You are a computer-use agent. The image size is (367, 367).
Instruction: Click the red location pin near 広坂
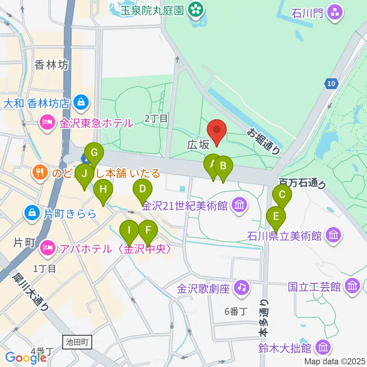coord(217,132)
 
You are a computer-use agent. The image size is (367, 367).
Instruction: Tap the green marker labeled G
coord(94,154)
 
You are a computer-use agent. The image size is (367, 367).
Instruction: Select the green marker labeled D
coord(142,190)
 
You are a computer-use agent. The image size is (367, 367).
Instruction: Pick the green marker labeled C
coord(282,195)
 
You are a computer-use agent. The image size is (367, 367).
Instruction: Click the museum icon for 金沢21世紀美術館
coord(240,205)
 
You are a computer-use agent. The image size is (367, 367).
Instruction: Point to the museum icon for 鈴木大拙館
coord(323,348)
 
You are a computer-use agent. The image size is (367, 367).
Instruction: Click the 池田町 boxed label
coord(78,342)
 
